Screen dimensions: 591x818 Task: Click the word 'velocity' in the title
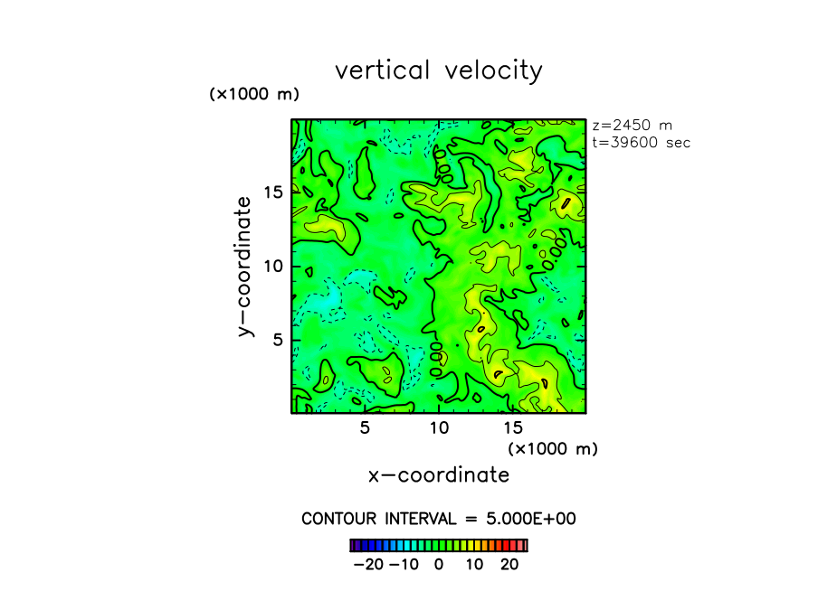coord(493,70)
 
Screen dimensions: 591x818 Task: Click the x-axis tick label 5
coord(365,427)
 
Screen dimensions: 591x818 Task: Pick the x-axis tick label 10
coord(439,427)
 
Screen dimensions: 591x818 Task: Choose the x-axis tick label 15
coord(513,427)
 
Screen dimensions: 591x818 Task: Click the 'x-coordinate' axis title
coord(439,474)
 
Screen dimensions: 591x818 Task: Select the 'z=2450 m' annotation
coord(631,126)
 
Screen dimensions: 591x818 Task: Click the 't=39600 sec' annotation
coord(641,142)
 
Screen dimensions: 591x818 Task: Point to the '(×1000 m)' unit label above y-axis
coord(254,94)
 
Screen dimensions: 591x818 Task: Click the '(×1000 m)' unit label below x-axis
coord(553,448)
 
